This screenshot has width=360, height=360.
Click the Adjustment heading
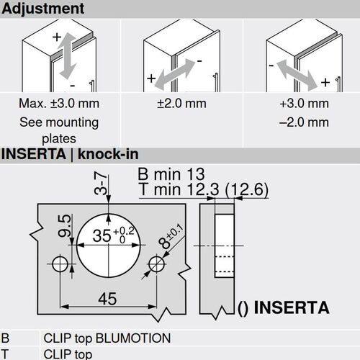tap(42, 9)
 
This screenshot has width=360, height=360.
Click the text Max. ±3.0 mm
tap(58, 104)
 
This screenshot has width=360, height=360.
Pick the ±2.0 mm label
tap(181, 104)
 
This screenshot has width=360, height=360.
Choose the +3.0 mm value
tap(304, 104)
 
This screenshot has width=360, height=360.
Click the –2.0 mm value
tap(304, 122)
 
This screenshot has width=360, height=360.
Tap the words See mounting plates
tap(58, 130)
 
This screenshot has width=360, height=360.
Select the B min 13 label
tap(171, 174)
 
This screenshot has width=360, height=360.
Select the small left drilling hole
tap(61, 263)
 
